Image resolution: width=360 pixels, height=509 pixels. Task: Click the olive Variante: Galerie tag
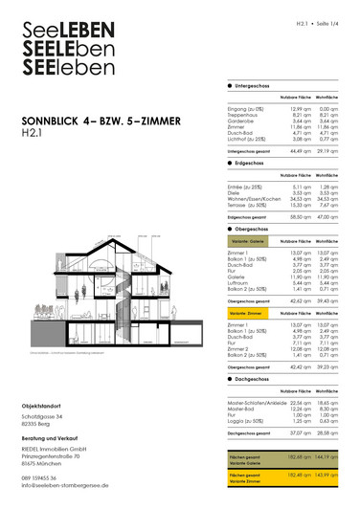pyautogui.click(x=244, y=243)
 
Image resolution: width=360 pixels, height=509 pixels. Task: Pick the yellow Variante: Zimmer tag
pyautogui.click(x=244, y=313)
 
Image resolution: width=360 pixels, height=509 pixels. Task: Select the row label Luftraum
pyautogui.click(x=237, y=283)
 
